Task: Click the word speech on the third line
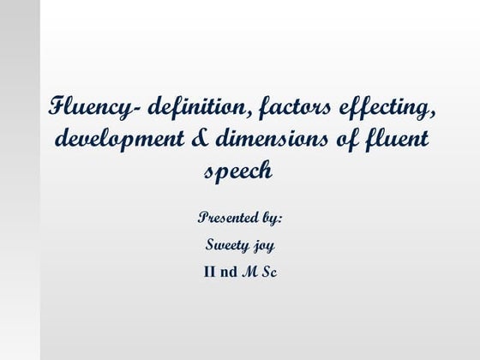(239, 171)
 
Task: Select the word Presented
(225, 217)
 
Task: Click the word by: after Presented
(269, 219)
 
